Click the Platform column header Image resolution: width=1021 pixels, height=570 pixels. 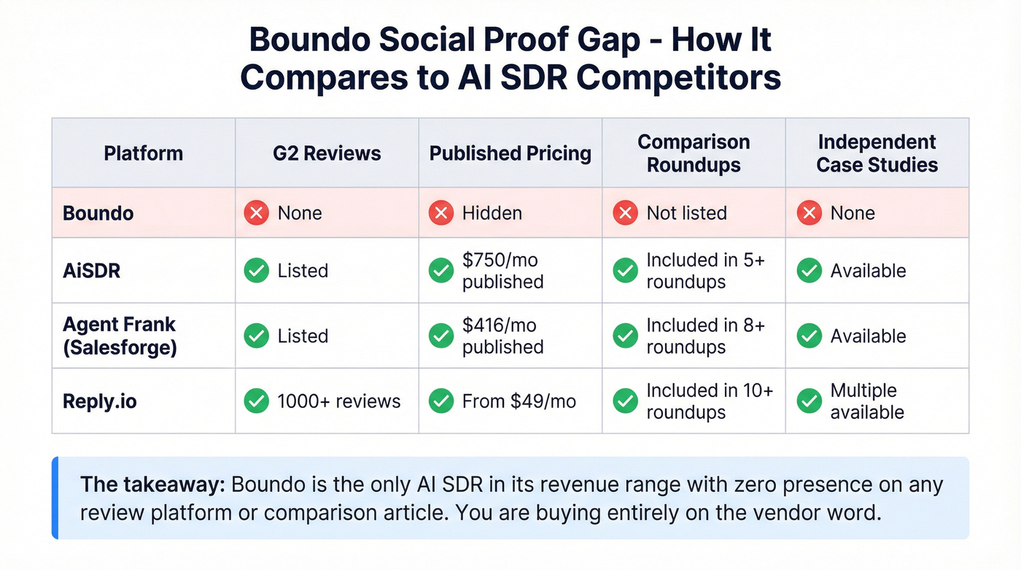point(143,153)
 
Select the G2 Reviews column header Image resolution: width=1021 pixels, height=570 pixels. point(327,153)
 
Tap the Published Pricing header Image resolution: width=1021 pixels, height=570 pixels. point(510,153)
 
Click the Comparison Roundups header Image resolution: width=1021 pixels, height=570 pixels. point(694,153)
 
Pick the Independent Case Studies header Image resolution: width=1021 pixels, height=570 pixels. point(877,153)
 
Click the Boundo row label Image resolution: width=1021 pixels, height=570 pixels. point(98,213)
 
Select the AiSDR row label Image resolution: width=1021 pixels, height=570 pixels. point(92,271)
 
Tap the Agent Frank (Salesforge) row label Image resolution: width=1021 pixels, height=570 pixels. point(120,336)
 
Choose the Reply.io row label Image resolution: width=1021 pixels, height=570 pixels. point(100,401)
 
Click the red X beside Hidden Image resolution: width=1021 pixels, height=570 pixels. point(440,213)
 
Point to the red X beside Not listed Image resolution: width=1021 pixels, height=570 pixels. point(625,213)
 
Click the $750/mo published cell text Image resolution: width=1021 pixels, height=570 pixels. point(502,271)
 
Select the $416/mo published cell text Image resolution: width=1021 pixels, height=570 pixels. point(502,336)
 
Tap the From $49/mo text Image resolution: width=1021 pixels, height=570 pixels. point(519,401)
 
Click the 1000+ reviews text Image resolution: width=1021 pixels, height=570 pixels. point(338,401)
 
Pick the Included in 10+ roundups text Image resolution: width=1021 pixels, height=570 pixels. point(709,401)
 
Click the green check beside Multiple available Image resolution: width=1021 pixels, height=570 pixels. point(809,401)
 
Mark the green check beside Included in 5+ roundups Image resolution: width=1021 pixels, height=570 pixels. point(625,271)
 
